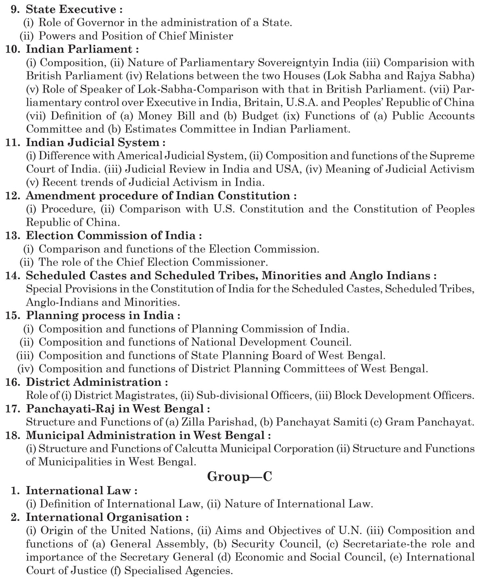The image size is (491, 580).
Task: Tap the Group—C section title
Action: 239,477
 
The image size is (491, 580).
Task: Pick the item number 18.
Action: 13,436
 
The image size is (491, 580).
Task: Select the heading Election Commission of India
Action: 113,235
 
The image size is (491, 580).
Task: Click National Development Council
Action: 271,342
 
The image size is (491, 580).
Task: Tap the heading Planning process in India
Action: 103,315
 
